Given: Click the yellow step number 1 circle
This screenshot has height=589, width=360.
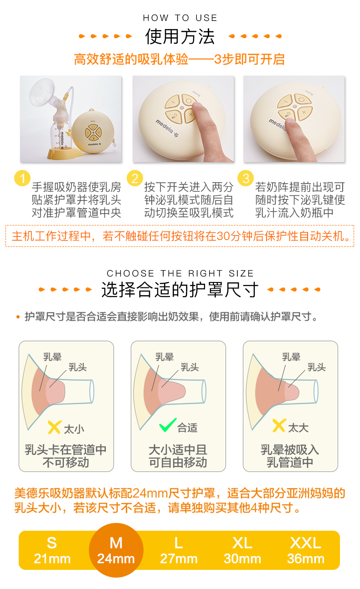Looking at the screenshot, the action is pos(22,178).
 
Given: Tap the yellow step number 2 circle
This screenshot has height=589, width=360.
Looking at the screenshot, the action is pos(135,178).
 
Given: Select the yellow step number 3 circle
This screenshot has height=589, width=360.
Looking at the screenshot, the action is pos(246,178).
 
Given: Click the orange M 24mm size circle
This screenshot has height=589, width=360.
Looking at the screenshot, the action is pos(116,550).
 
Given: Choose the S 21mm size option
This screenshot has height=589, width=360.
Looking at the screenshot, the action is pos(52,550).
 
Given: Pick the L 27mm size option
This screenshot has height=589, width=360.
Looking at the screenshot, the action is pos(179,550).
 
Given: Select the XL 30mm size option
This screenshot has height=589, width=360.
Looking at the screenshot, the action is pos(242,550).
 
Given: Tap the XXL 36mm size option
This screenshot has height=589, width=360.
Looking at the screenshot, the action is pos(306,550).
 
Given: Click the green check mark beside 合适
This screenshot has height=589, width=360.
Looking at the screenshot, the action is pos(168,425).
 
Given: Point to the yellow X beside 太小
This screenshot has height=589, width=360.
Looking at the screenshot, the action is pos(54,427).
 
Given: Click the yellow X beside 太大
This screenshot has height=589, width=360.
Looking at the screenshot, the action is pos(279,426).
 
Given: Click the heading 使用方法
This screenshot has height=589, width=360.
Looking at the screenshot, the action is pos(180,36).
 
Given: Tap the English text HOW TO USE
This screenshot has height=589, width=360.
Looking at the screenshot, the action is pos(180,18).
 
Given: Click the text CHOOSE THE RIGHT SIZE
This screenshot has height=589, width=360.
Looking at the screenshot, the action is pos(180,273).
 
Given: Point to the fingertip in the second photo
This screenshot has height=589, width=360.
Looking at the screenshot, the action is pos(198,108).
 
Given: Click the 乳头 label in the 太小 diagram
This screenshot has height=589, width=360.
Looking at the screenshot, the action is pos(78,367).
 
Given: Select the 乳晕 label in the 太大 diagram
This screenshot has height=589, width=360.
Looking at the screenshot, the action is pos(291,357).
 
